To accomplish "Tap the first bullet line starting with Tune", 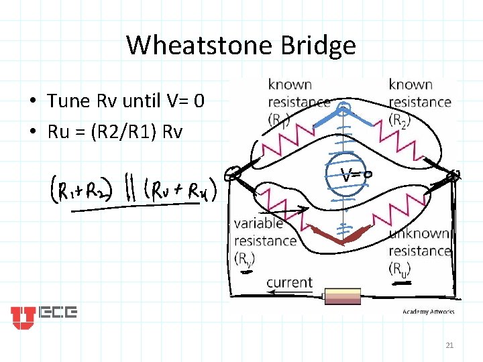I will coord(125,101).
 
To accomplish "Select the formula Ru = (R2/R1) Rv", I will coord(115,131).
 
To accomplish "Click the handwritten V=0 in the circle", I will coord(358,176).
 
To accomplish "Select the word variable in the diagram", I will coord(259,224).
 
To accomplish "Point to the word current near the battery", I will coord(289,282).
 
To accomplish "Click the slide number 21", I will coord(449,345).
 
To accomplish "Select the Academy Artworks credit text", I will coord(429,312).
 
